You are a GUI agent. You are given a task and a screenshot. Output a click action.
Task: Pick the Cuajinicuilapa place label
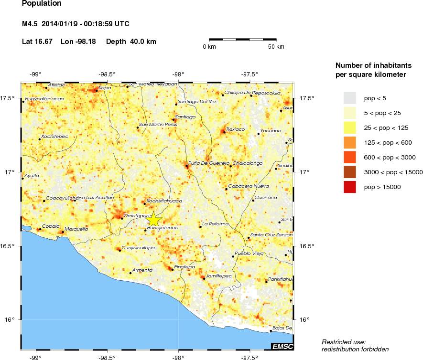click(x=138, y=248)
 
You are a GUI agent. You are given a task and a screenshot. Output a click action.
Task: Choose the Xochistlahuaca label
click(x=164, y=201)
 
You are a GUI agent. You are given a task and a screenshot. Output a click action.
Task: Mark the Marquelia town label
click(x=76, y=229)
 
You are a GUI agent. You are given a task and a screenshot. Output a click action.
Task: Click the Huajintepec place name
click(x=163, y=228)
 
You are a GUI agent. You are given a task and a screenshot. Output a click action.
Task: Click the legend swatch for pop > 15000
click(x=350, y=187)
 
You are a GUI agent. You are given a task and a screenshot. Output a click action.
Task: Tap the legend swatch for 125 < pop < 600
click(x=350, y=142)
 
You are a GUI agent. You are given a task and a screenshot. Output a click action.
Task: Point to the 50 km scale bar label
click(x=276, y=47)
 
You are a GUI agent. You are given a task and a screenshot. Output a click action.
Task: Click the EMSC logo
click(x=282, y=346)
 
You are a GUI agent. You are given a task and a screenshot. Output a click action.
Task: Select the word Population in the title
click(x=42, y=4)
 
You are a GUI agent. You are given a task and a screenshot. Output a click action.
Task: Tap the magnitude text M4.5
click(x=30, y=24)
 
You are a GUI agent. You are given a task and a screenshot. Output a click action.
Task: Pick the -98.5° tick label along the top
click(x=107, y=74)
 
